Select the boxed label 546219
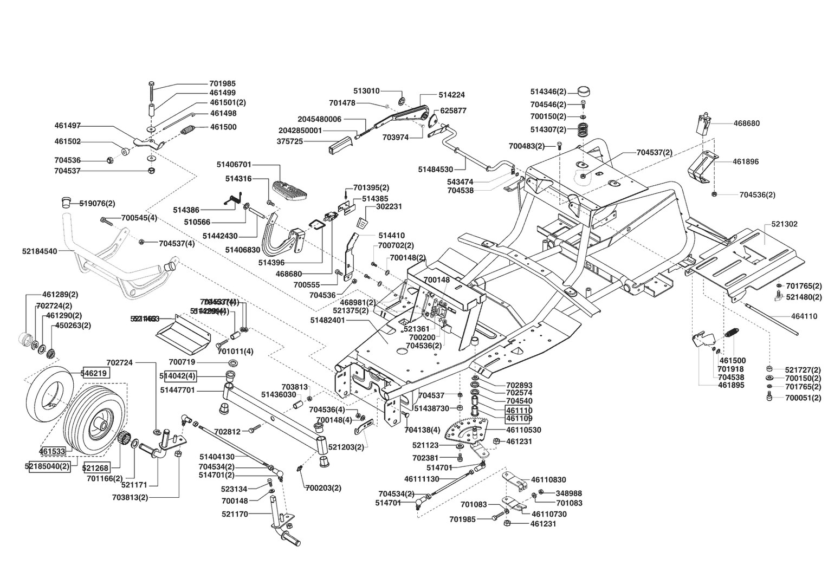pyautogui.click(x=95, y=373)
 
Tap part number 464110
pyautogui.click(x=804, y=316)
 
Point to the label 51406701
pyautogui.click(x=234, y=165)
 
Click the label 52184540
pyautogui.click(x=40, y=251)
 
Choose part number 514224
pyautogui.click(x=452, y=95)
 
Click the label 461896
pyautogui.click(x=746, y=161)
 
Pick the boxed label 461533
pyautogui.click(x=52, y=450)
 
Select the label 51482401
pyautogui.click(x=328, y=321)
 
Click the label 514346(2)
pyautogui.click(x=548, y=92)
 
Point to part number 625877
pyautogui.click(x=453, y=110)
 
